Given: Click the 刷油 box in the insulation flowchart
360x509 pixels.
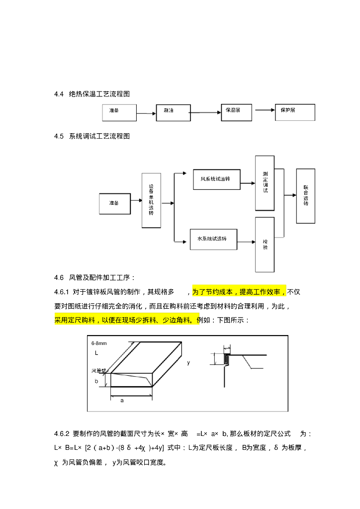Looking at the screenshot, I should coord(173,113).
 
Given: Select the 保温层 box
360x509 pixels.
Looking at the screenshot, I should coord(236,112).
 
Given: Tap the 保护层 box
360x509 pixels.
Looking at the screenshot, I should coord(295,112).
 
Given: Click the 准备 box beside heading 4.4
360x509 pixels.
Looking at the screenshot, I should coord(119,113).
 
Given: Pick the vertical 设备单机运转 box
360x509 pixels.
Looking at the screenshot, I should coord(152,200).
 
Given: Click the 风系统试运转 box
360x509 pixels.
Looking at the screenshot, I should coord(216,179).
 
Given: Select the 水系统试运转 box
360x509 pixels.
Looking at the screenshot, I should coord(213,239).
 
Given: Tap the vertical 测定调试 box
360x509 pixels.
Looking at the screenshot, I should coord(265,183).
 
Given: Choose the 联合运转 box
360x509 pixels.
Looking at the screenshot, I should coord(305,196).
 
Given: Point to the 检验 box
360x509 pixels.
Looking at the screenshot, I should coord(265,245).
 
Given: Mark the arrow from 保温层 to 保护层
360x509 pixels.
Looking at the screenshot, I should coord(264,111).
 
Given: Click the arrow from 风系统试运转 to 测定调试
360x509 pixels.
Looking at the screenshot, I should coord(248,183).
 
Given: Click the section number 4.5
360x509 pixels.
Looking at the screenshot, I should coord(59,136).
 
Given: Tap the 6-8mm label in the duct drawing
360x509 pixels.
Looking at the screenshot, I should coord(99,343).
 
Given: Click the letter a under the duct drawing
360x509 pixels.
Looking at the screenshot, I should coord(122,400).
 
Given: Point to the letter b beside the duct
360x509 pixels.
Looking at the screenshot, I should coord(96,381).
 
